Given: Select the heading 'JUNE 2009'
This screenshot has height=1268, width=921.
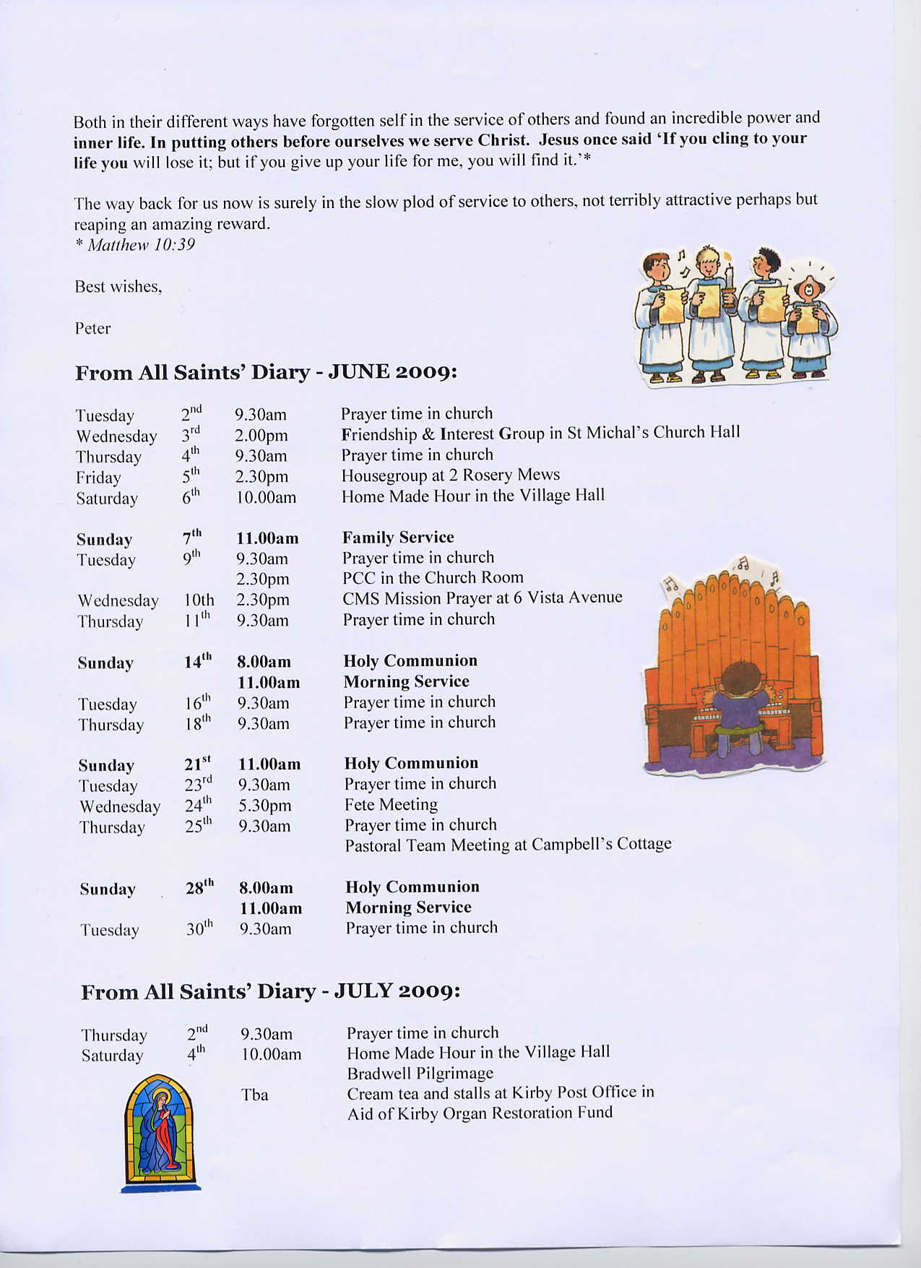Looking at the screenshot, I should tap(393, 372).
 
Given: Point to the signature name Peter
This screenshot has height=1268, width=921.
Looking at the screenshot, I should tap(92, 329).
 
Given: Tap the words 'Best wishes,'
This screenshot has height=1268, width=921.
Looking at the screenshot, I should tap(118, 287).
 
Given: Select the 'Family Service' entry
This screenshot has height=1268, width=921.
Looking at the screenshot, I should tap(398, 538).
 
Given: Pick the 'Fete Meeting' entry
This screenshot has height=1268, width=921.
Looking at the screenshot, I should tap(391, 805).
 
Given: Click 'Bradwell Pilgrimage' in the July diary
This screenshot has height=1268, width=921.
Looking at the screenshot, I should tap(420, 1074).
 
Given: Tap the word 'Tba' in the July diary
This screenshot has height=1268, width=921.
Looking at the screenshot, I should tap(254, 1095).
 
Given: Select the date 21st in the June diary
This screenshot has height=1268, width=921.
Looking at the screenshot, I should tap(197, 764).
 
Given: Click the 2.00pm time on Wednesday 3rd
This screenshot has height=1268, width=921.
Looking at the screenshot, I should tap(261, 436).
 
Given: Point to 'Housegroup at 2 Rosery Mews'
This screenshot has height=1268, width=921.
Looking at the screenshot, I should tap(451, 475).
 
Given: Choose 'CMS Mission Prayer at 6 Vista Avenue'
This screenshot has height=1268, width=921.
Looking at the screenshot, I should tap(482, 598).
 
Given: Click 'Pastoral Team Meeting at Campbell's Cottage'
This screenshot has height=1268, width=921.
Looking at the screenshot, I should tap(508, 845).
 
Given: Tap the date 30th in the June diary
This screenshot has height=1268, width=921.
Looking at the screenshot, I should tap(199, 928).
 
